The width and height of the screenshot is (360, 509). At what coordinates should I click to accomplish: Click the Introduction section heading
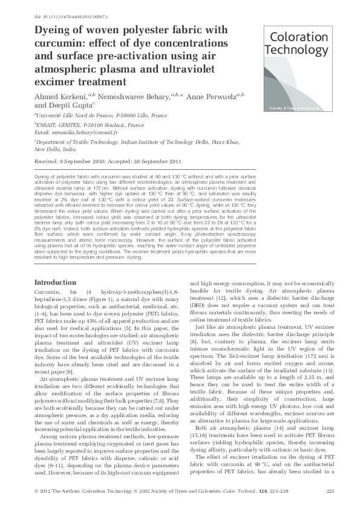[56, 283]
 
